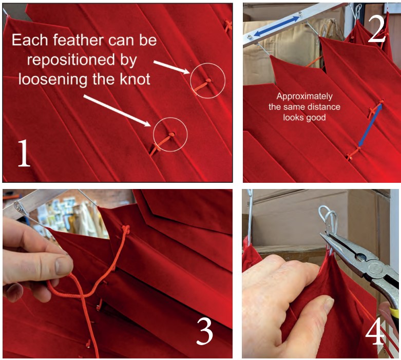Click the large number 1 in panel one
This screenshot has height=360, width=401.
24,153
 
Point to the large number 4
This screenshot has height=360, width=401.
375,331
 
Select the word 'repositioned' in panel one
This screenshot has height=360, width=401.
71,60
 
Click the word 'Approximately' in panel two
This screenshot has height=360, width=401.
304,97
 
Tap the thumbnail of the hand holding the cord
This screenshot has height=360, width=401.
63,266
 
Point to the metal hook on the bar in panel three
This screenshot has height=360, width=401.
18,207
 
